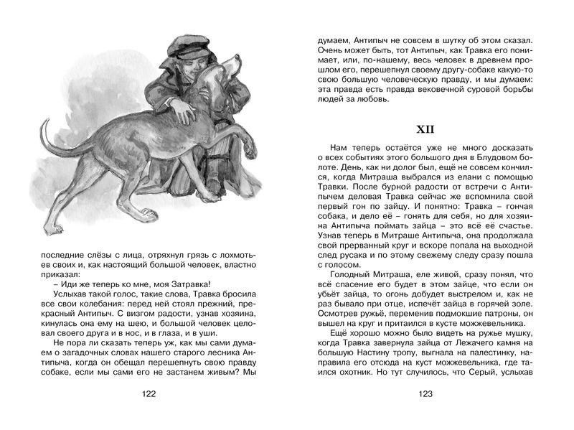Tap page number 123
coord(425,394)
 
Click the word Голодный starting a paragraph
coord(349,274)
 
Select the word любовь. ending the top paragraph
coord(370,99)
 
